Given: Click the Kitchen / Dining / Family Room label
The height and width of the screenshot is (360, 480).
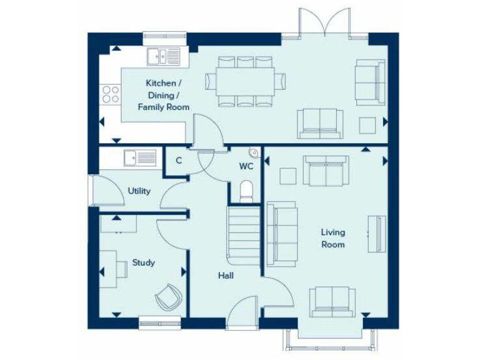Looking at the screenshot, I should pyautogui.click(x=164, y=95).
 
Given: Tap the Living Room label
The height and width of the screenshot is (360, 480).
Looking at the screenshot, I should pyautogui.click(x=332, y=238).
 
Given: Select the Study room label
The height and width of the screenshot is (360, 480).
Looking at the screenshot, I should pyautogui.click(x=143, y=262).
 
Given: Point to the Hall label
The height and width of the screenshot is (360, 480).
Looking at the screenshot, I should pyautogui.click(x=226, y=275).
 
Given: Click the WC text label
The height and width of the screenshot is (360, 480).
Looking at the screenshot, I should pyautogui.click(x=246, y=166).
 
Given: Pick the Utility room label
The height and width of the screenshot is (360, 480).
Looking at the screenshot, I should pyautogui.click(x=139, y=191).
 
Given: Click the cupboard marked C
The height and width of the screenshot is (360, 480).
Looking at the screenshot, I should pyautogui.click(x=178, y=161).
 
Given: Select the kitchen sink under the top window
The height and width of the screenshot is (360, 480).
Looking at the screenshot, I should pyautogui.click(x=163, y=56).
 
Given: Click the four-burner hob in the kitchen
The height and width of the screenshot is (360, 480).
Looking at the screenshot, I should pyautogui.click(x=111, y=94).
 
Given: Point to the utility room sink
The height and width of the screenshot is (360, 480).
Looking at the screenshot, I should pyautogui.click(x=139, y=157).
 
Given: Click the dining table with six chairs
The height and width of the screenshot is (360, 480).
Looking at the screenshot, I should pyautogui.click(x=245, y=81).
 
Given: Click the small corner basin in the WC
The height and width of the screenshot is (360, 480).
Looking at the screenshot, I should pyautogui.click(x=253, y=152).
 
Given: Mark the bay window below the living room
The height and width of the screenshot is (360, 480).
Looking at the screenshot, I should pyautogui.click(x=331, y=340).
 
